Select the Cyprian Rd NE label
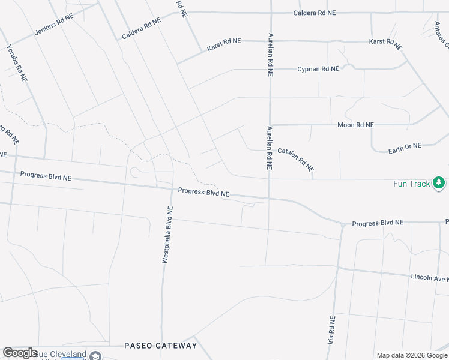[318, 69]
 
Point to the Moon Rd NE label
[355, 125]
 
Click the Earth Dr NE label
[405, 146]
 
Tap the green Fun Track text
[411, 184]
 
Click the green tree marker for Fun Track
[439, 182]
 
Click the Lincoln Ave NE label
[430, 278]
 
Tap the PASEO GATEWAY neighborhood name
[160, 346]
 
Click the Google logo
[20, 353]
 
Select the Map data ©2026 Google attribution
[412, 355]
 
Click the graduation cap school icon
[94, 356]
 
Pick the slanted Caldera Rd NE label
[141, 29]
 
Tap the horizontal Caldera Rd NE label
[314, 13]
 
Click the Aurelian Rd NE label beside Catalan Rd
[270, 148]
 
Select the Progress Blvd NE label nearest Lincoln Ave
[378, 223]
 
